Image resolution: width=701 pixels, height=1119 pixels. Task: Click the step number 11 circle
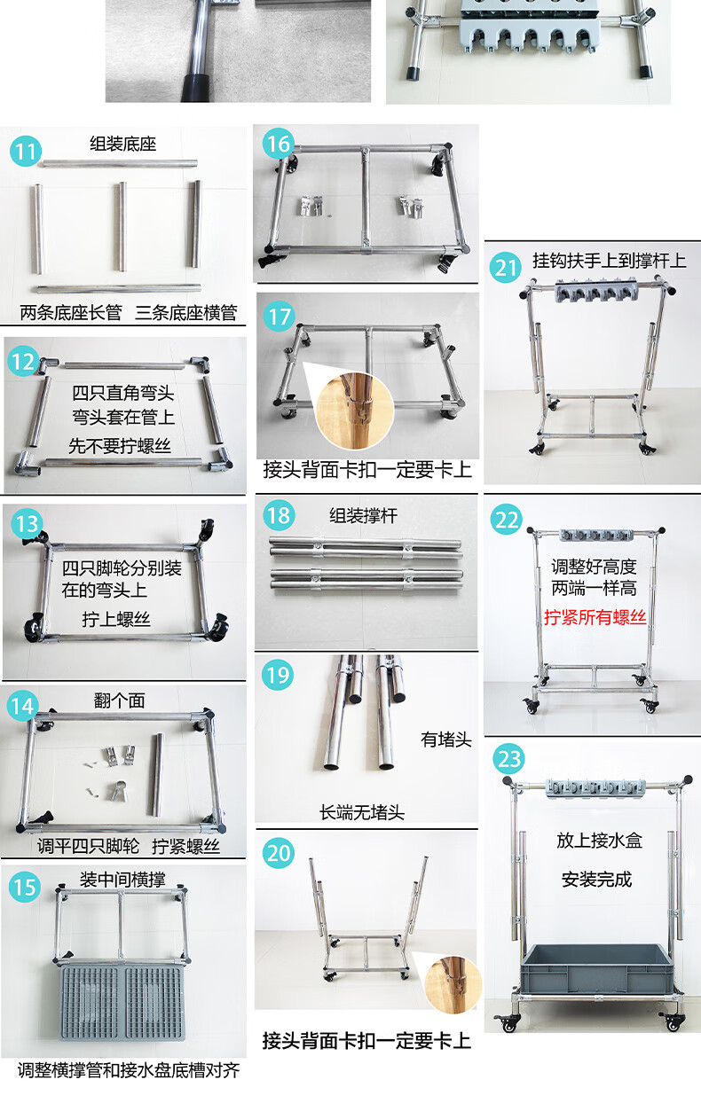pos(26,151)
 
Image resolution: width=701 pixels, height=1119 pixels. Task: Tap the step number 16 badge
pos(279,144)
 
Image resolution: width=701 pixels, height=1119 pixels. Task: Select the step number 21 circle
pos(506,268)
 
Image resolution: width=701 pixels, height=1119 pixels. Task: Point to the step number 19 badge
pos(278,675)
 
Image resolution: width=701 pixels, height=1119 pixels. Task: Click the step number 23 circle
pos(509,759)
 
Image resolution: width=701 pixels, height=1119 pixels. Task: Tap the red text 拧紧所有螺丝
pos(595,617)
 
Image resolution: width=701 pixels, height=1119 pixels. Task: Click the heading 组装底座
pos(123,145)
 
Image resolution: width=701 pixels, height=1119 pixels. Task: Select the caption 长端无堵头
pos(362,813)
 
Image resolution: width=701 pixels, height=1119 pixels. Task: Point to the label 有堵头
pos(446,739)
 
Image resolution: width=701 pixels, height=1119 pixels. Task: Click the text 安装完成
pos(596,880)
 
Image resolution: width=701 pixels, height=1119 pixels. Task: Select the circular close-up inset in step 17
pos(355,411)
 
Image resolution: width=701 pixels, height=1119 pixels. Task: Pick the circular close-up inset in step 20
pos(453,985)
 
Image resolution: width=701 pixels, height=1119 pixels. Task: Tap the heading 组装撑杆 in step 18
pos(364,515)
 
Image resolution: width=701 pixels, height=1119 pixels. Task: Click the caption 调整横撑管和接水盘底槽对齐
pos(129,1070)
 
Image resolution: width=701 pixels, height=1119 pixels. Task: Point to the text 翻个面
pos(119,700)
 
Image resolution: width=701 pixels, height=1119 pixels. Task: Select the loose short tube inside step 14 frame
pos(157,774)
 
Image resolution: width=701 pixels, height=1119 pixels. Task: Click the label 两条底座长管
pos(71,313)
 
